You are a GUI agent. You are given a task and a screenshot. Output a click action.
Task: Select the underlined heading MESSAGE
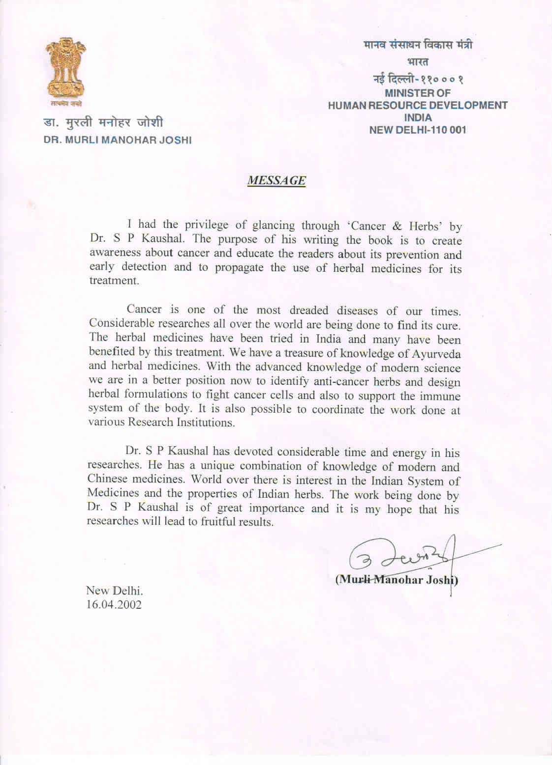276,180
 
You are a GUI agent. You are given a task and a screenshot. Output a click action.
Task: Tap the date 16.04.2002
114,605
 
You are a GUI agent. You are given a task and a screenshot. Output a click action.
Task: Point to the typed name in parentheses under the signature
397,580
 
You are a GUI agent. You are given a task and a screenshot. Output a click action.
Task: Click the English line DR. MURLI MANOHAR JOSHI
118,140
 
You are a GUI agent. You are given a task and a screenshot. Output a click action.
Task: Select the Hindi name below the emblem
103,122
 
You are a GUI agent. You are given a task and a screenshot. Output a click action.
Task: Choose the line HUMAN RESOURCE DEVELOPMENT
417,105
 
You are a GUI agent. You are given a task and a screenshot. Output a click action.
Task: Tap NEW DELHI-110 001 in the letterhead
417,130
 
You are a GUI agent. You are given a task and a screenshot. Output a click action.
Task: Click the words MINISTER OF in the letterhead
417,93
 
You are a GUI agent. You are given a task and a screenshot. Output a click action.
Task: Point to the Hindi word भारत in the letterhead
418,62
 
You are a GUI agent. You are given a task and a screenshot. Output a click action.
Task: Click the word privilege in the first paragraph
207,225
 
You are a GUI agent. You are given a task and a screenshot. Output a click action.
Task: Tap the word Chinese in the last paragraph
108,479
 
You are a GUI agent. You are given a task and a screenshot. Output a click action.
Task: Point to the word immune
440,396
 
